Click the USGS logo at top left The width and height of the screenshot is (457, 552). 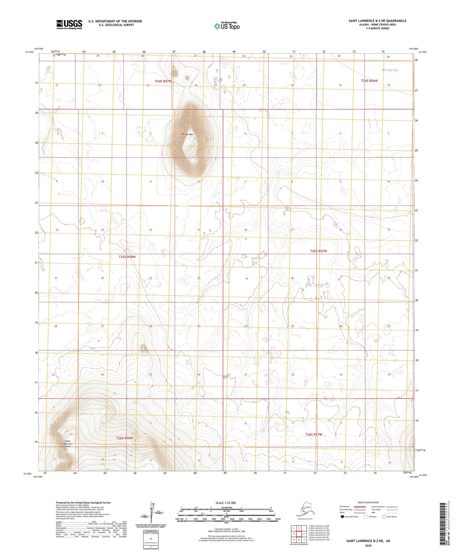[x=69, y=24]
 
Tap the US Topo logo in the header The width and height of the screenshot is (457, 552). [x=226, y=26]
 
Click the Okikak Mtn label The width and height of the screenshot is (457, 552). [x=187, y=134]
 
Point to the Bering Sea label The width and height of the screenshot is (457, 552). [x=390, y=70]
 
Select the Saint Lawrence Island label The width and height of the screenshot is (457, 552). [x=69, y=443]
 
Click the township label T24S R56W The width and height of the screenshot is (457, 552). [x=369, y=81]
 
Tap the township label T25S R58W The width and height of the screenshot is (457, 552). [x=127, y=257]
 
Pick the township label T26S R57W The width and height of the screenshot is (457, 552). [x=314, y=434]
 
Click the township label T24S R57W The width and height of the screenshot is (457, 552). [x=163, y=81]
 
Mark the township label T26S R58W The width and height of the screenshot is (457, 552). [x=125, y=438]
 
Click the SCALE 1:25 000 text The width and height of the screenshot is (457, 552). [x=225, y=503]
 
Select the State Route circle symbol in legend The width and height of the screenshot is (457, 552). [x=384, y=517]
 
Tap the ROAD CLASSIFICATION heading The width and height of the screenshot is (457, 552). [x=368, y=502]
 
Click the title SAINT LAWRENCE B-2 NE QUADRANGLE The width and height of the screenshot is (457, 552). [x=377, y=21]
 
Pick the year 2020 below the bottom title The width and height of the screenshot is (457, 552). [x=368, y=545]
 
